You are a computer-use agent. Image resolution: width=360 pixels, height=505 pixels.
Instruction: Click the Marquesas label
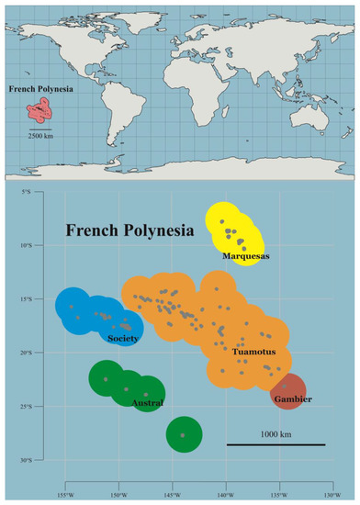pyautogui.click(x=246, y=257)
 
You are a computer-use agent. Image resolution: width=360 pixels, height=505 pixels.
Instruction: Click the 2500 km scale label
pyautogui.click(x=42, y=135)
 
